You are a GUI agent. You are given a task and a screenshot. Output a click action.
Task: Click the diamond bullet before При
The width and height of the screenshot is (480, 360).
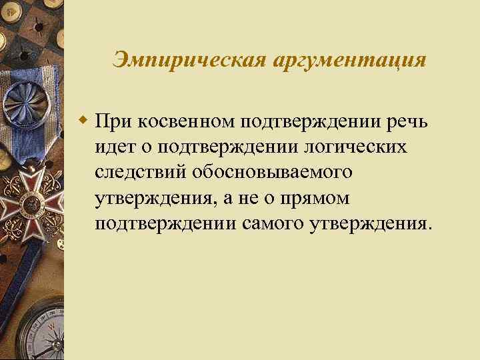[x=83, y=122]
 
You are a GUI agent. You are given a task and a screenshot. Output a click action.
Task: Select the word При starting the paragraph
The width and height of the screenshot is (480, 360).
[x=115, y=123]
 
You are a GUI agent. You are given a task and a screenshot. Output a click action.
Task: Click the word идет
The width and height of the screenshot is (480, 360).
[x=115, y=147]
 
